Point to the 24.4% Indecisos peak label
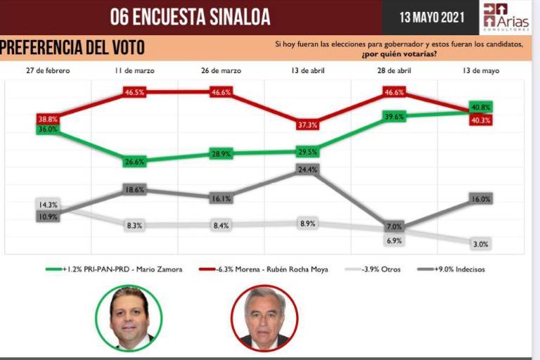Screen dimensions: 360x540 [x=307, y=169]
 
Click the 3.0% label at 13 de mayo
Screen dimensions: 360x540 [x=481, y=244]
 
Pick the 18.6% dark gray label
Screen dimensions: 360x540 [x=134, y=190]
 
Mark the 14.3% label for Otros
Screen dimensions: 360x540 [x=48, y=205]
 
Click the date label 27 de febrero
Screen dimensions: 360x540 [x=48, y=72]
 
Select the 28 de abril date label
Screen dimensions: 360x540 [x=394, y=72]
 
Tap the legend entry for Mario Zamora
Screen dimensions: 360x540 [x=112, y=269]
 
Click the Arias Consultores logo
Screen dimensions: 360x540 [x=504, y=17]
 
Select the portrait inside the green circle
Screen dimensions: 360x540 [x=129, y=318]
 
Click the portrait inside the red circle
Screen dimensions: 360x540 [x=265, y=318]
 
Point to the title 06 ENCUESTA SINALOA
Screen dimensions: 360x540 [x=190, y=17]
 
